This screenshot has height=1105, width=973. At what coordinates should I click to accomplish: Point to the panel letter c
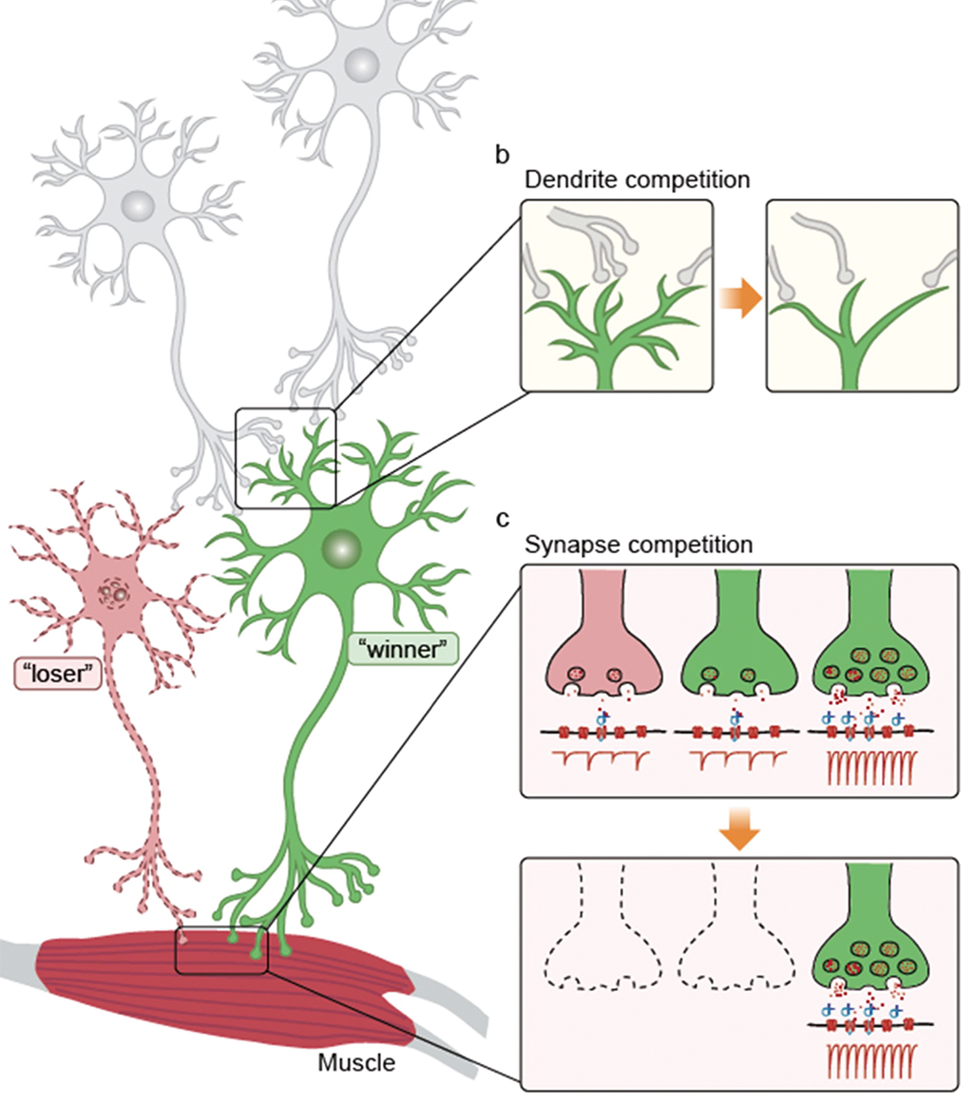(503, 519)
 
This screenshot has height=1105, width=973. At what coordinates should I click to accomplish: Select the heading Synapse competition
(639, 545)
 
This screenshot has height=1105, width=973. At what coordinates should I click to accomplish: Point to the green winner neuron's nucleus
(340, 548)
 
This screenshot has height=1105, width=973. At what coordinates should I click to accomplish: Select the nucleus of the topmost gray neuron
(362, 65)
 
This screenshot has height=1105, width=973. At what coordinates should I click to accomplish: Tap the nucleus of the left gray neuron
(139, 204)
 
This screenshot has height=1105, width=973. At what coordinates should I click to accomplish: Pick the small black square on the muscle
(222, 950)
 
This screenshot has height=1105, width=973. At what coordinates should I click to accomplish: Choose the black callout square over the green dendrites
(285, 458)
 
